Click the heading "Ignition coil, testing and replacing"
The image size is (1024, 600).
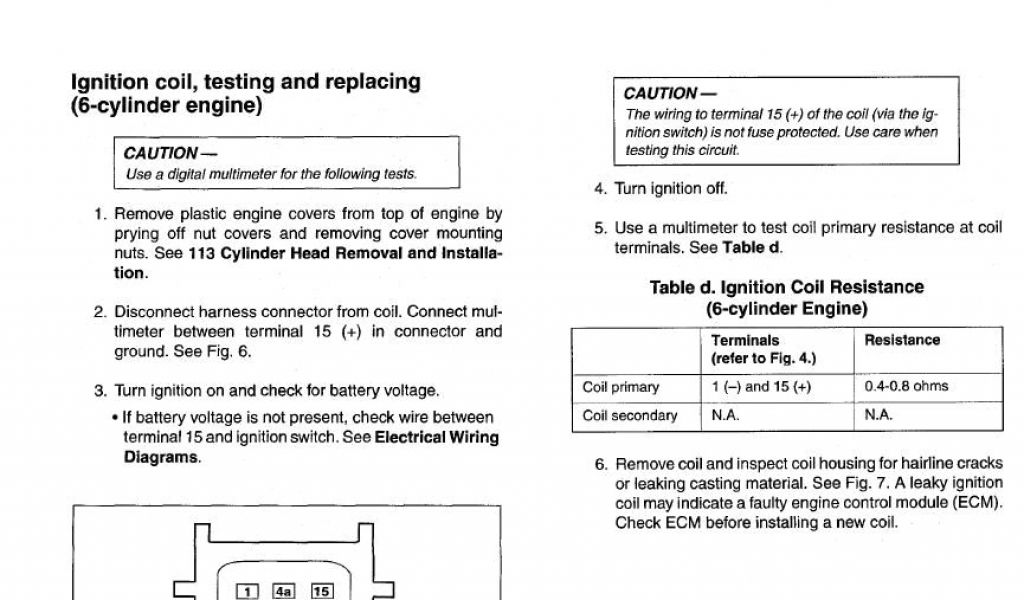pyautogui.click(x=245, y=82)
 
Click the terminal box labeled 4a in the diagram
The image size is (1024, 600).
pyautogui.click(x=284, y=591)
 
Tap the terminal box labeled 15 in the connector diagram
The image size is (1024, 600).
pyautogui.click(x=321, y=591)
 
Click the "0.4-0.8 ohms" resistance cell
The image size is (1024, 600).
pyautogui.click(x=906, y=386)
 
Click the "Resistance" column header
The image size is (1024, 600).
pyautogui.click(x=902, y=340)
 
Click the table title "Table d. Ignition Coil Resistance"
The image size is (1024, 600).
pyautogui.click(x=786, y=288)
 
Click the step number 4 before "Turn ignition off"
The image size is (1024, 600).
pyautogui.click(x=600, y=188)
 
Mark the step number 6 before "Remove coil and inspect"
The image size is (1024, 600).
pyautogui.click(x=600, y=465)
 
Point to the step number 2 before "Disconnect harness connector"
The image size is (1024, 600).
pyautogui.click(x=100, y=311)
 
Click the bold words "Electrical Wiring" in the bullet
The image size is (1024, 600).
pyautogui.click(x=436, y=437)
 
